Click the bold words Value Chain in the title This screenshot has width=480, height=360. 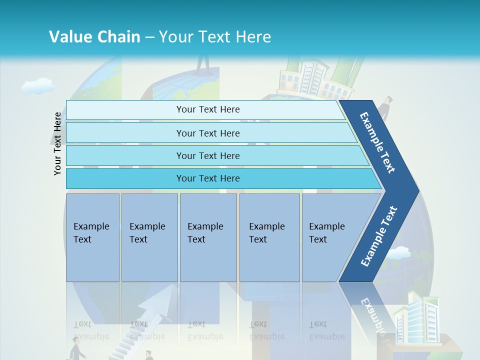[x=94, y=37]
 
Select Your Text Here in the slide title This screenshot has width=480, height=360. [x=215, y=37]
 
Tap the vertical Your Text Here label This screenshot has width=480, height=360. [x=57, y=143]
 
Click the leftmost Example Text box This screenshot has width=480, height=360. [x=92, y=237]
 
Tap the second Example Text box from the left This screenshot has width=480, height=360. [x=149, y=237]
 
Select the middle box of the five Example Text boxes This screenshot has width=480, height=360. [x=208, y=237]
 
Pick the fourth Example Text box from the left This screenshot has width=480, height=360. [x=269, y=237]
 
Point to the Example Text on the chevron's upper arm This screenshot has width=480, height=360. [x=378, y=142]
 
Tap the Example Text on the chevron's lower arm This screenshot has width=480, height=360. [x=379, y=236]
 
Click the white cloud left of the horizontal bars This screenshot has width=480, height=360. [x=38, y=86]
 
